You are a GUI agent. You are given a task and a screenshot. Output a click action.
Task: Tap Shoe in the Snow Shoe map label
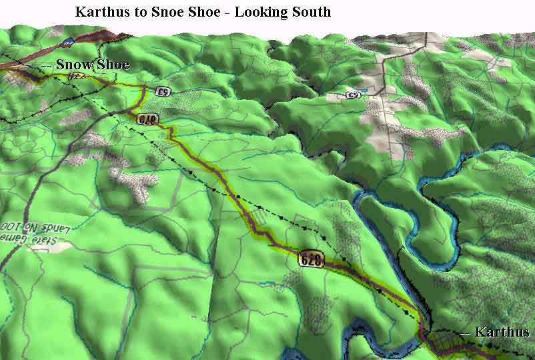coord(111,65)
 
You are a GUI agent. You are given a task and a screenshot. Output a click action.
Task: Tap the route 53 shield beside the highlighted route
coord(161,91)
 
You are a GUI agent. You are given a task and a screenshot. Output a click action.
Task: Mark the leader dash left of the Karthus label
coord(464,333)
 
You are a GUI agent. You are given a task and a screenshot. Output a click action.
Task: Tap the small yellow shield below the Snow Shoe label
coord(77,77)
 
